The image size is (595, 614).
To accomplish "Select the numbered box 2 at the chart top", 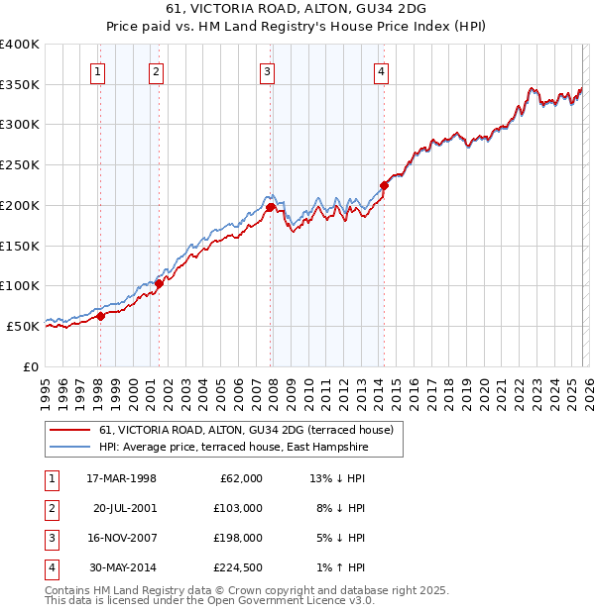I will click(157, 70).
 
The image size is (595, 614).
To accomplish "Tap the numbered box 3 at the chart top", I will click(268, 70).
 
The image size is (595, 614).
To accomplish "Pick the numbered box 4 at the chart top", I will click(382, 70).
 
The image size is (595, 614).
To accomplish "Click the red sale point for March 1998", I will click(100, 317).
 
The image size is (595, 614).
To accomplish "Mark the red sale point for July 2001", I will click(159, 283).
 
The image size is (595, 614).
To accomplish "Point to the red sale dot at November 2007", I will click(270, 207).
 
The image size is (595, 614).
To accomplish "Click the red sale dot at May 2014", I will click(384, 184).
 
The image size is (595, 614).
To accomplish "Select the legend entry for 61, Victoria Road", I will click(246, 430).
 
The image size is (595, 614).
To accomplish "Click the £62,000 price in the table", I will click(241, 478).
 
